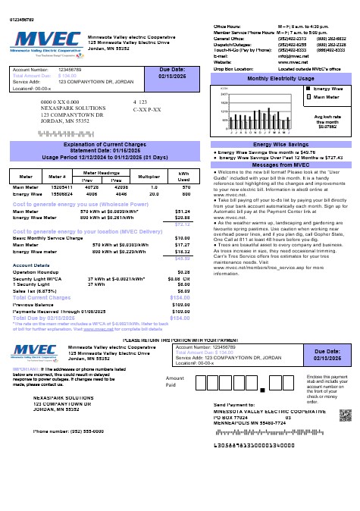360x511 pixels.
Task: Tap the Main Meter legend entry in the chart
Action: pos(327,97)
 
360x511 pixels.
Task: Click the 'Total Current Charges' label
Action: pos(42,298)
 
